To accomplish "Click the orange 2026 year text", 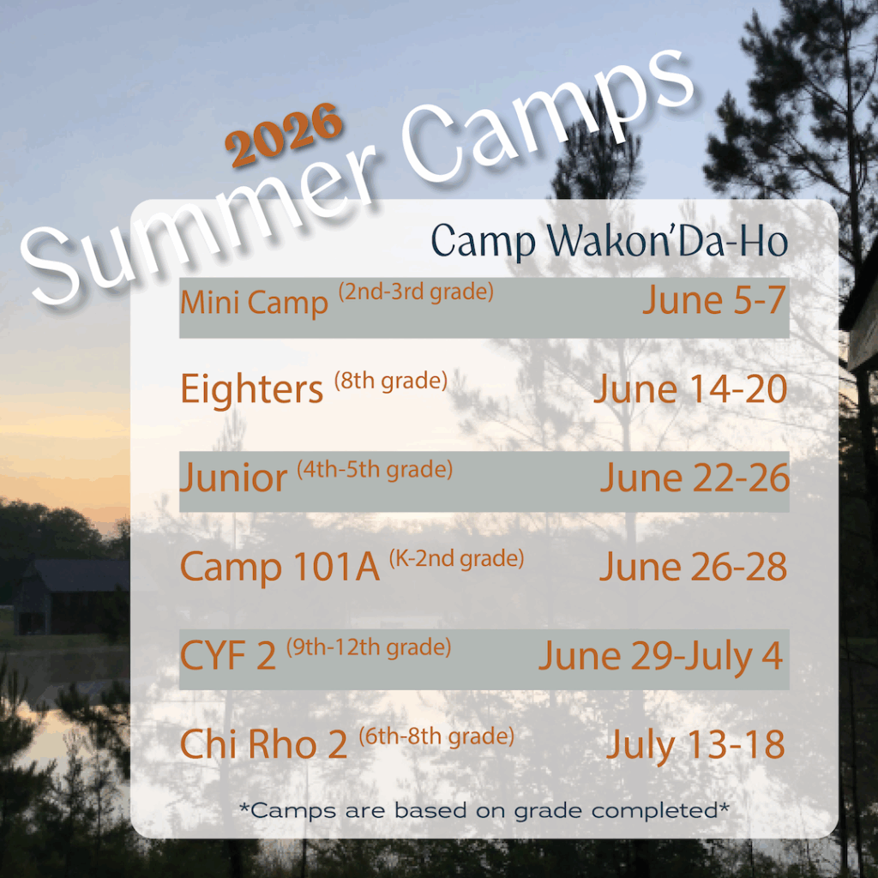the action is [284, 135].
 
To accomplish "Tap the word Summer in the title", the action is [201, 224].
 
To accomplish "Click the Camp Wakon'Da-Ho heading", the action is [610, 242].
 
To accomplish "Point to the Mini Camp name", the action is [254, 303].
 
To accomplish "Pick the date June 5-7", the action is [714, 300].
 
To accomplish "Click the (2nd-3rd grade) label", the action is [416, 292].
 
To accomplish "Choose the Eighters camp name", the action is [252, 389].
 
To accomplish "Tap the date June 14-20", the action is [691, 388].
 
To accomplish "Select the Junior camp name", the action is [233, 478].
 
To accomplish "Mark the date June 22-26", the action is [695, 478].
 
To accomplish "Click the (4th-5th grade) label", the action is [375, 469].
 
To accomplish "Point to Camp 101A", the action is [280, 568].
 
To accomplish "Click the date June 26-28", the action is [694, 567].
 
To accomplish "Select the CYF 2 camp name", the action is [228, 656].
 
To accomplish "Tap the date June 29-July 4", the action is [661, 656].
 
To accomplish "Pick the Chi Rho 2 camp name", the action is [264, 745].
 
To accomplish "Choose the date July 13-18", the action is [696, 745].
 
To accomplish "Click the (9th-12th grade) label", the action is [369, 647].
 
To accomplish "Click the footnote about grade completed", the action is [484, 810].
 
